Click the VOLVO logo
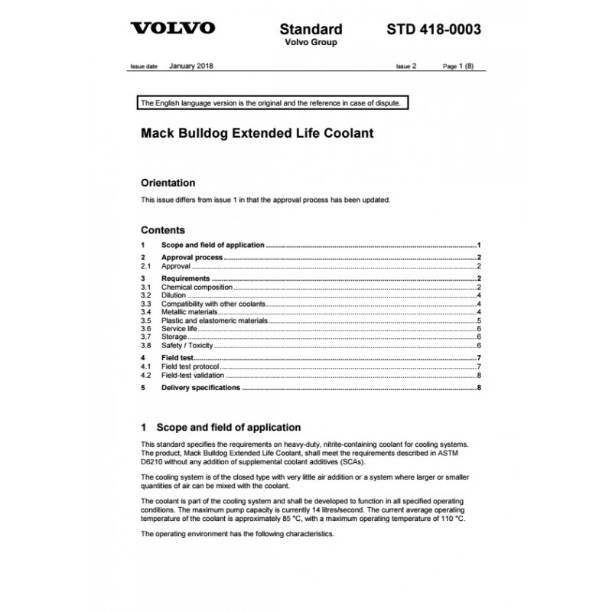[x=172, y=29]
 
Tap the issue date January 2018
[x=191, y=67]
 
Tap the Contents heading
[x=163, y=229]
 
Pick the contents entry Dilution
[x=174, y=295]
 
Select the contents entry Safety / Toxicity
[x=187, y=345]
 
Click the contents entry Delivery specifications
[x=200, y=388]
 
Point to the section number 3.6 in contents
[x=147, y=328]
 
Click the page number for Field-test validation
[x=478, y=376]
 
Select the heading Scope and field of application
[x=228, y=427]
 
